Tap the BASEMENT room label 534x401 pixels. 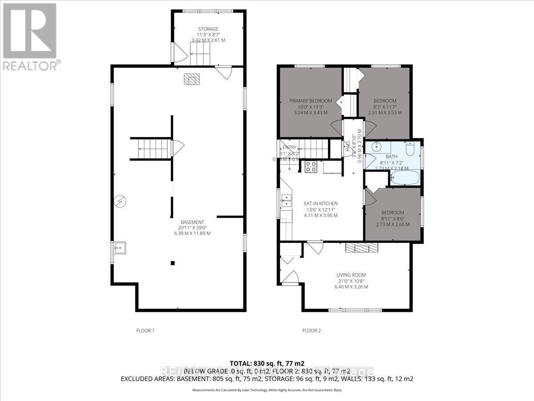[192, 222]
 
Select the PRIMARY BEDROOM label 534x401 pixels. [311, 101]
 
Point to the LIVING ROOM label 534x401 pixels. [351, 275]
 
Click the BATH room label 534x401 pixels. [392, 157]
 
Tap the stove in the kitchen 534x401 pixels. [310, 167]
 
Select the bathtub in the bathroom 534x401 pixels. [405, 178]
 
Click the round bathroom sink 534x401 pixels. [377, 147]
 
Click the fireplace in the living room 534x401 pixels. [361, 248]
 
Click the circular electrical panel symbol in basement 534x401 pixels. [119, 202]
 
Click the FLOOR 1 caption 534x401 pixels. [145, 331]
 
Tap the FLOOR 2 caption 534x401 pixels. [311, 331]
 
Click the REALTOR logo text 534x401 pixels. [30, 65]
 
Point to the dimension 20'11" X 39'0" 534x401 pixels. [192, 228]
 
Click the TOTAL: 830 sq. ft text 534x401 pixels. [267, 363]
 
